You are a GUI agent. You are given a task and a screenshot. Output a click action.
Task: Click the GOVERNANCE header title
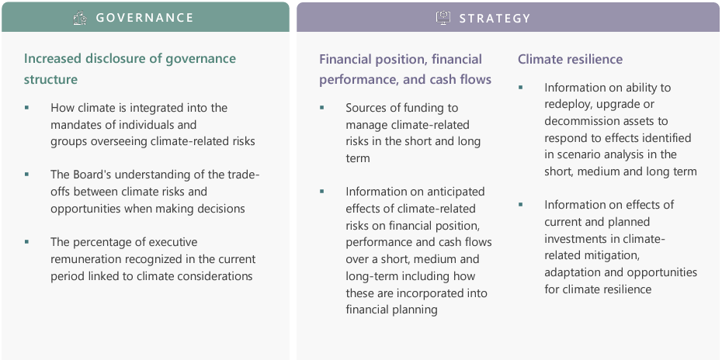tap(144, 18)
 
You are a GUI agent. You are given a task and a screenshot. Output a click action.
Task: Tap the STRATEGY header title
tap(495, 18)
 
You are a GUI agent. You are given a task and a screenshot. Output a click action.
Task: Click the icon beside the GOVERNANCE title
tap(80, 18)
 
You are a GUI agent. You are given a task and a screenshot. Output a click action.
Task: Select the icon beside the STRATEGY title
tap(443, 18)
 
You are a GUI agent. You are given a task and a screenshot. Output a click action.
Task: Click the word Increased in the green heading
tap(51, 59)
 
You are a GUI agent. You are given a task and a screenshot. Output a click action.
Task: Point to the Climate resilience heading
tap(570, 60)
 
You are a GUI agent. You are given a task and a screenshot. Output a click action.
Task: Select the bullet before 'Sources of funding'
tap(322, 108)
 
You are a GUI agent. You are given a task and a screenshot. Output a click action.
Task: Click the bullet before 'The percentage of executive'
tap(26, 242)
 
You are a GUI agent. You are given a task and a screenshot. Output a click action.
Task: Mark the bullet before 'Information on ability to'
tap(521, 88)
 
